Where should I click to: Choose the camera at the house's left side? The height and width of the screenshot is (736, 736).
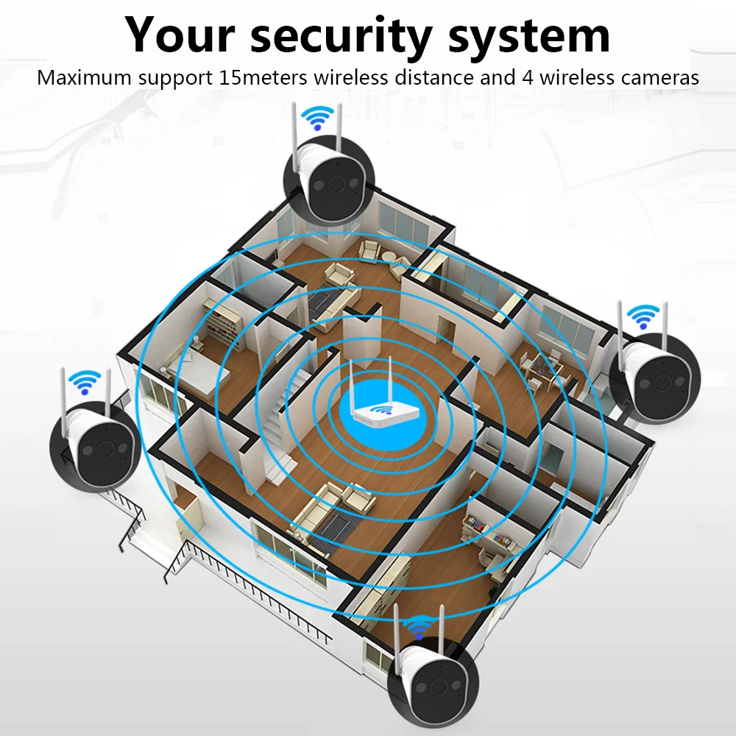pos(94,445)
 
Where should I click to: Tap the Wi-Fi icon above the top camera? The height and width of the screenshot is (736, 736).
pos(318,118)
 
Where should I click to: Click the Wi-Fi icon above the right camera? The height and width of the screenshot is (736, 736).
pos(642,316)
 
